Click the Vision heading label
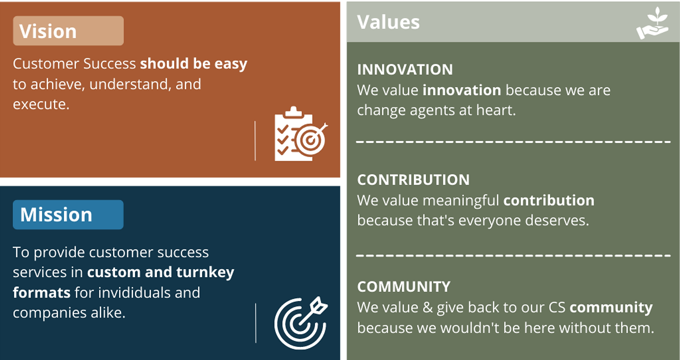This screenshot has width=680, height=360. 48,31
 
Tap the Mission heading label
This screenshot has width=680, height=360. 56,215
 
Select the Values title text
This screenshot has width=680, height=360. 388,22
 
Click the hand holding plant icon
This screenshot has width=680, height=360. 652,23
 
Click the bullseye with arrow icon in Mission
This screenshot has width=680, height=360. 301,323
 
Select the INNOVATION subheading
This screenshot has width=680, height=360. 405,70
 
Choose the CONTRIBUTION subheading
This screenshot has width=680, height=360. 414,180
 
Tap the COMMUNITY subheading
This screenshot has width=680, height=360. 404,286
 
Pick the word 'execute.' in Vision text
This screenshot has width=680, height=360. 41,105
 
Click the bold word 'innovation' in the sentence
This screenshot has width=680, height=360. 462,90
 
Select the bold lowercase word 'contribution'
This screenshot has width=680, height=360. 549,200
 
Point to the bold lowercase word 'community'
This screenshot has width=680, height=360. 611,307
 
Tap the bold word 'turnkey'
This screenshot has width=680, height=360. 205,272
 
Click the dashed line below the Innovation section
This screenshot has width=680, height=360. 513,142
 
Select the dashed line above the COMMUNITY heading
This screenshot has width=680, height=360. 513,255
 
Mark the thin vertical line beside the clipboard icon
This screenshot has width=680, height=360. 255,141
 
